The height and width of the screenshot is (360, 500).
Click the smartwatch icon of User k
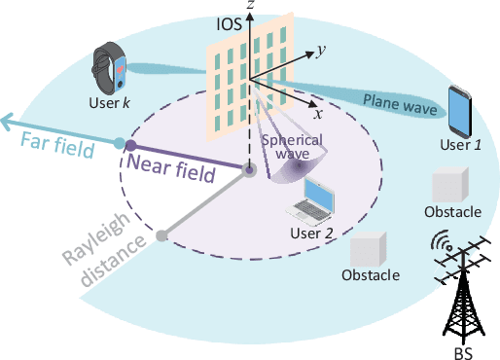[x=109, y=67]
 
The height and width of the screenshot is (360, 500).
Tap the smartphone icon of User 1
[x=459, y=110]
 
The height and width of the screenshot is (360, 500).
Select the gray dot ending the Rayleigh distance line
[x=162, y=234]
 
